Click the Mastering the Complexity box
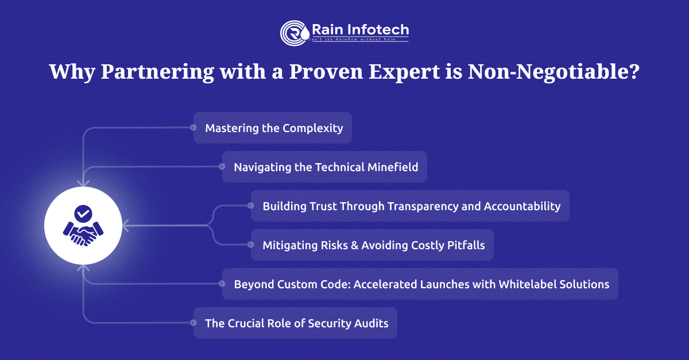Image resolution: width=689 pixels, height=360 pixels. pos(273,128)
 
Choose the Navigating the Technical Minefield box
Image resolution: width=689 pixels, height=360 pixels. pos(325,167)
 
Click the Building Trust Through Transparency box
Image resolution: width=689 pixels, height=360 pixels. pos(411,206)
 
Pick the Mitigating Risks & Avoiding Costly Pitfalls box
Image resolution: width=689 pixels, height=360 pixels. pos(373,245)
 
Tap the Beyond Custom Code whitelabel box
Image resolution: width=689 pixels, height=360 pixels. pos(420,284)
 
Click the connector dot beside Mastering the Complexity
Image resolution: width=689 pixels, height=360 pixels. pos(193,128)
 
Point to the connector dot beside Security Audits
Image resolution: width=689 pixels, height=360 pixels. pos(193,323)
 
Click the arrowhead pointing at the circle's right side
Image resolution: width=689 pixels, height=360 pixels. pos(125,226)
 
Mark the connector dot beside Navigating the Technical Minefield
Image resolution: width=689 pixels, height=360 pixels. pos(222,167)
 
